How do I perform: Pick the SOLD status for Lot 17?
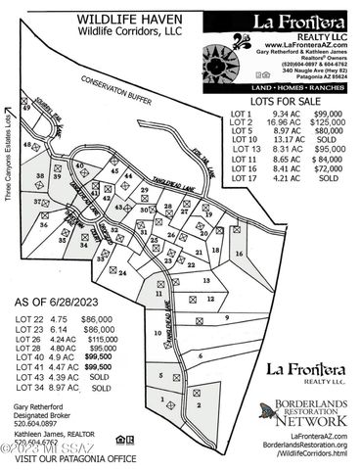328,178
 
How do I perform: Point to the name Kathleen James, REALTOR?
55,432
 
